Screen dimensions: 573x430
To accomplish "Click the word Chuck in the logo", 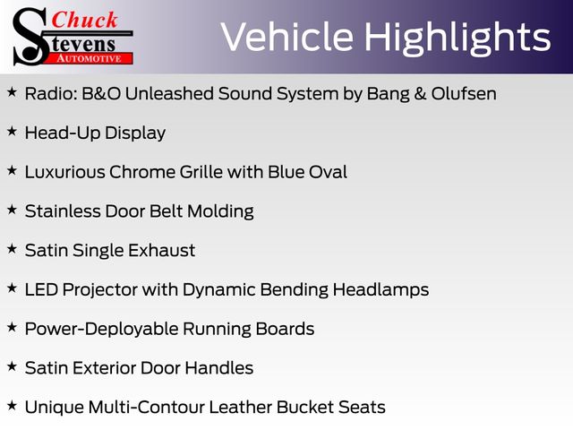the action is pos(84,20).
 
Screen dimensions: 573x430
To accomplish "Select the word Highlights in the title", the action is pos(458,39).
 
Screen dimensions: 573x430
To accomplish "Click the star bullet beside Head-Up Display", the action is pos(12,131).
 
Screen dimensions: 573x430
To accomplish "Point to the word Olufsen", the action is pos(464,93).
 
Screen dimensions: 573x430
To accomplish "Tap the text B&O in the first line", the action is pos(101,93).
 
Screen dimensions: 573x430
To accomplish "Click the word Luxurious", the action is pos(65,172).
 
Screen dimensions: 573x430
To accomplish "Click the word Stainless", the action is pos(63,211).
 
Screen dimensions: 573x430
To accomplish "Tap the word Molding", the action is pos(220,211).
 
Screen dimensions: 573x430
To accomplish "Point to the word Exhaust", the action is pos(161,251).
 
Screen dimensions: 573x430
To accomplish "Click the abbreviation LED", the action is pos(41,289).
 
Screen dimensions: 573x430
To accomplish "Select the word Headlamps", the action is pos(381,290).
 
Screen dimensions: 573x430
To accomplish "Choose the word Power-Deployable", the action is pos(101,330).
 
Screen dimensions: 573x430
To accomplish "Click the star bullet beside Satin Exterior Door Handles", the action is pos(12,366).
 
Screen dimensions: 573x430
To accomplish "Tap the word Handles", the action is pos(218,368).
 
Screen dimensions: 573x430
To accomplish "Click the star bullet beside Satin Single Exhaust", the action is pos(12,249).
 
